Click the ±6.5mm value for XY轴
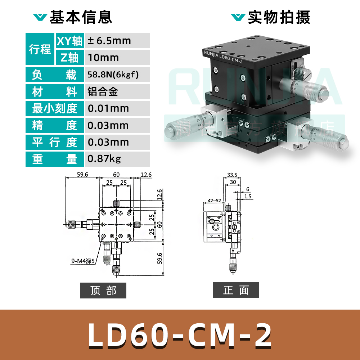(x=109, y=41)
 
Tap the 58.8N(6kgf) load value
(x=113, y=75)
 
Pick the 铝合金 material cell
(x=103, y=92)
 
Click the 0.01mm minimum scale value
(x=108, y=108)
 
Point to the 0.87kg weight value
(x=104, y=159)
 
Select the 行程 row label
(x=40, y=49)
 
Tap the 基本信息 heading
(x=81, y=17)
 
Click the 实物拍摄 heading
(x=279, y=17)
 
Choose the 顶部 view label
(x=103, y=291)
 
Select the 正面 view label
(x=236, y=290)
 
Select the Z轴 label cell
(x=69, y=58)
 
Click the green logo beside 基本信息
(x=40, y=17)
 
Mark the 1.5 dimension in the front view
(x=248, y=197)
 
